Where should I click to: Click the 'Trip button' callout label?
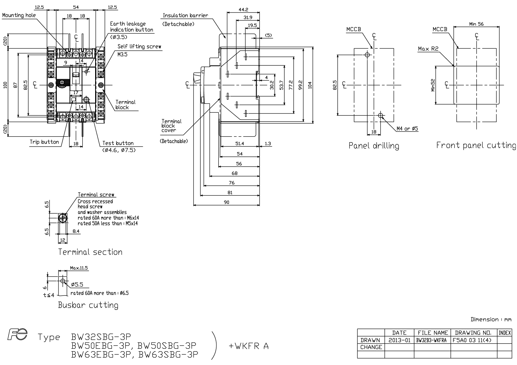[x=44, y=142]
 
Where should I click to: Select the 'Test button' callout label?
[x=118, y=143]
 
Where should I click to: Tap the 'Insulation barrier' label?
[x=185, y=15]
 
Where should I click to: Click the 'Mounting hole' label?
[x=19, y=15]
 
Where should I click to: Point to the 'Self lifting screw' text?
[x=139, y=47]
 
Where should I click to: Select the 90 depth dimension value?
[x=227, y=202]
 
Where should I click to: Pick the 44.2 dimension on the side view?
[x=243, y=10]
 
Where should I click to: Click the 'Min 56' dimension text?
[x=476, y=24]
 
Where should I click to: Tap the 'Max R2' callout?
[x=428, y=49]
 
